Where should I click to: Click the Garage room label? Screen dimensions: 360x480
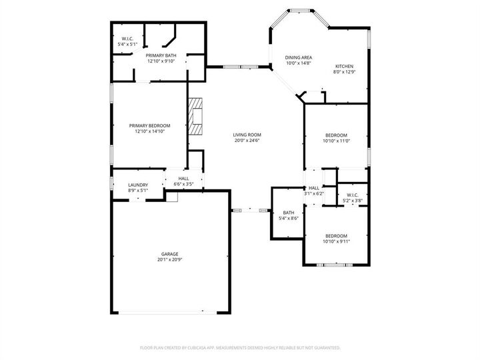click(x=169, y=254)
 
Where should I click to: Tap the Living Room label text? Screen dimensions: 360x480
click(x=247, y=134)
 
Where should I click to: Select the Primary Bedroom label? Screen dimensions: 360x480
click(x=149, y=125)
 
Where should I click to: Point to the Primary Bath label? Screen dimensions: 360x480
click(x=161, y=55)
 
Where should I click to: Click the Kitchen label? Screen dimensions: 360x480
click(x=343, y=66)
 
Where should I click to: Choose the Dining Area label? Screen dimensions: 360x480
click(x=298, y=57)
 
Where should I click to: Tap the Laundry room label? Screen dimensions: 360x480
click(x=138, y=185)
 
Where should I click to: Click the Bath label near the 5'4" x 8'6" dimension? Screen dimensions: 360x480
click(x=288, y=213)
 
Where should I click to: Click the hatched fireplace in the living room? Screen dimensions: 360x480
click(x=196, y=118)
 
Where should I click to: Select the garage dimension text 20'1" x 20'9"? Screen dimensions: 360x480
click(x=169, y=259)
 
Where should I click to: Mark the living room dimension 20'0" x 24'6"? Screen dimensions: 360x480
click(x=247, y=140)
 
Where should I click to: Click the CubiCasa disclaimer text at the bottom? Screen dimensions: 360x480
click(x=240, y=347)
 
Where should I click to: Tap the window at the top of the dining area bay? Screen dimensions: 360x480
click(x=299, y=11)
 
